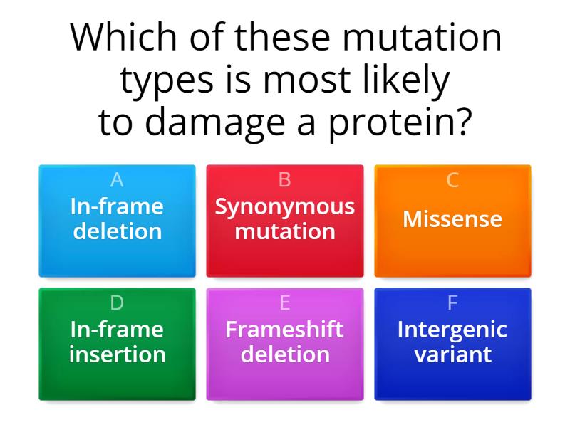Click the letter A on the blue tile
(x=117, y=180)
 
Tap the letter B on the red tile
(x=284, y=180)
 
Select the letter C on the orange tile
(x=452, y=180)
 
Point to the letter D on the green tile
(x=117, y=302)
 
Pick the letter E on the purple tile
(x=284, y=302)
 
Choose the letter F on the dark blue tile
(x=452, y=302)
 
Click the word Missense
(x=452, y=219)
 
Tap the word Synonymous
(x=284, y=206)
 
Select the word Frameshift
(x=284, y=330)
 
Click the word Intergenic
(x=452, y=330)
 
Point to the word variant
(x=452, y=354)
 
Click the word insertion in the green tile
(x=117, y=354)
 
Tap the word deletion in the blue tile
(x=117, y=231)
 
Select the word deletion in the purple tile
(x=284, y=354)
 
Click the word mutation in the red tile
(x=284, y=231)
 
